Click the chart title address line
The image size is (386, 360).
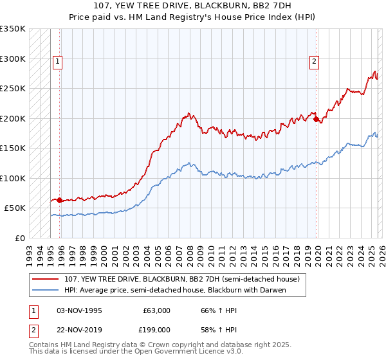coord(192,6)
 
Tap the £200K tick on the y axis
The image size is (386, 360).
coord(13,118)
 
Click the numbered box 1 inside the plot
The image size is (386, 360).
coord(58,62)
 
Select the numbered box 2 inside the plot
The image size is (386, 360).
coord(314,62)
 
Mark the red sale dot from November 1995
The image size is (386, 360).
coord(59,201)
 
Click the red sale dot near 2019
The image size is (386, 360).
coord(316,119)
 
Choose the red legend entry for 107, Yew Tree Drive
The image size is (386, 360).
coord(182,280)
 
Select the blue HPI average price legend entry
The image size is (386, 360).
coord(174,291)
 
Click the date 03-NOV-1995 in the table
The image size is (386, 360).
coord(80,310)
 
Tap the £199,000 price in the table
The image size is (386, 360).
coord(156,329)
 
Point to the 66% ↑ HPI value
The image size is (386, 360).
coord(210,310)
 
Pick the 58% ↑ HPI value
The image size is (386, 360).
coord(210,329)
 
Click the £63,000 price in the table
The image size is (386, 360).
coord(156,310)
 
